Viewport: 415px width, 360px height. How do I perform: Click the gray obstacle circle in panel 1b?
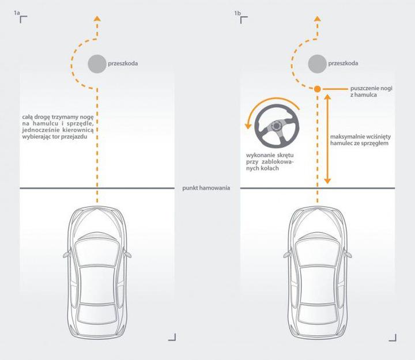[317, 63]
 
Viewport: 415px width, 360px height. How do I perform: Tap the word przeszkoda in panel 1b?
[344, 63]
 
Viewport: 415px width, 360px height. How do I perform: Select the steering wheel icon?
[274, 127]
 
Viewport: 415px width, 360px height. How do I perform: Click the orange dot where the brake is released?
[317, 89]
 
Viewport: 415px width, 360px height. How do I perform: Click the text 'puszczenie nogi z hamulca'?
[371, 92]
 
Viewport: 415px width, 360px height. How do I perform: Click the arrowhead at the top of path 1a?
[97, 20]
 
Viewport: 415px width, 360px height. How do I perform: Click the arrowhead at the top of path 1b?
[317, 20]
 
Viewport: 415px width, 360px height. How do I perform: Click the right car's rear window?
[317, 313]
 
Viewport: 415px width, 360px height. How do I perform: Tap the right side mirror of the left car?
[129, 252]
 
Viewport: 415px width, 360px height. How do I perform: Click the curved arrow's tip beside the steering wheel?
[248, 126]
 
